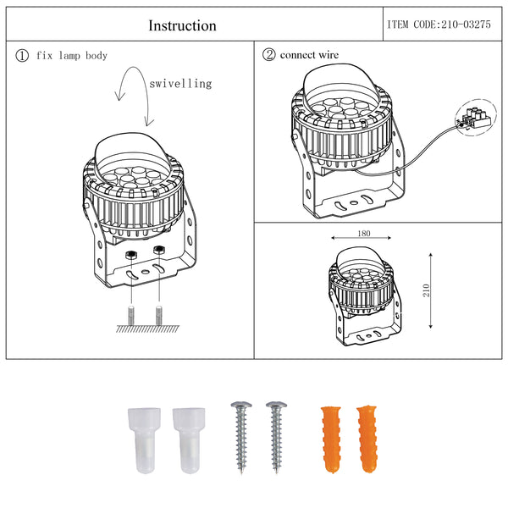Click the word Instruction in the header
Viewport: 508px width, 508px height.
[x=182, y=25]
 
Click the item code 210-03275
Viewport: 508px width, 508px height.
[x=466, y=25]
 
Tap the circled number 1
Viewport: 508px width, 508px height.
[x=22, y=55]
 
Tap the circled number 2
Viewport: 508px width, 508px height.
[x=269, y=55]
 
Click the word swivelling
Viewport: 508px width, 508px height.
[x=181, y=84]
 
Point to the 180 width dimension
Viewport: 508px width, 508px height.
[x=364, y=234]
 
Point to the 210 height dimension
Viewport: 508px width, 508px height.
[x=427, y=290]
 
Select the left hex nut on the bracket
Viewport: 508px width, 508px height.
[x=131, y=255]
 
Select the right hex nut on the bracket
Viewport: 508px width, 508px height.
[x=159, y=250]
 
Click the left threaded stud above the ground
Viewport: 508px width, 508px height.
[x=131, y=315]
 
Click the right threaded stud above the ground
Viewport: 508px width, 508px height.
[x=159, y=315]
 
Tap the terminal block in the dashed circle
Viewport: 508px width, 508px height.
[x=477, y=118]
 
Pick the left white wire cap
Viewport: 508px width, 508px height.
[x=144, y=440]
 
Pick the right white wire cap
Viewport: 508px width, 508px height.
[x=189, y=440]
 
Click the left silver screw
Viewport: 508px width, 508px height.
[x=241, y=438]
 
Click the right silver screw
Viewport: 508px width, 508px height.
[x=276, y=438]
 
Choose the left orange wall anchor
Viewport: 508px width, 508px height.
[x=331, y=439]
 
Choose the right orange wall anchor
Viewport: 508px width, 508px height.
[x=367, y=439]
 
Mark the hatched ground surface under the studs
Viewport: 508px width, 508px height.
[x=147, y=329]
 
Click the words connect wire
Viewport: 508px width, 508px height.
[x=309, y=55]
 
